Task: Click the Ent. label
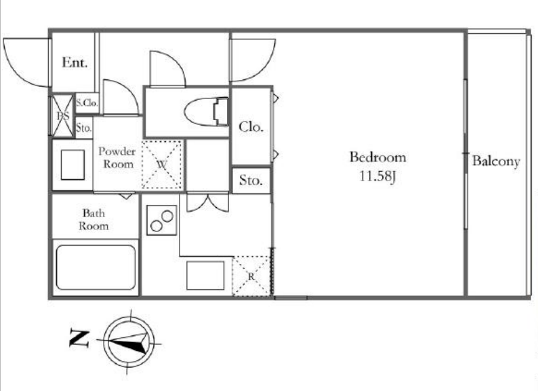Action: tap(75, 62)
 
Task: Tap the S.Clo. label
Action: tap(87, 103)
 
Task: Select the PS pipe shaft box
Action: tap(63, 116)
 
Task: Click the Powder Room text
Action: tap(117, 157)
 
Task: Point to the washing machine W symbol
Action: tap(162, 164)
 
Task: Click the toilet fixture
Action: tap(206, 112)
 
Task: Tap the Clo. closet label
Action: tap(251, 127)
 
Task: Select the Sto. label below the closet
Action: tap(251, 180)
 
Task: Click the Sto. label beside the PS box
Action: tap(84, 128)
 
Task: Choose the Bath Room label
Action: tap(94, 219)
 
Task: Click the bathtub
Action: tap(96, 267)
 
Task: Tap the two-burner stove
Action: tap(162, 221)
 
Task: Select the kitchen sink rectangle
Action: tap(205, 276)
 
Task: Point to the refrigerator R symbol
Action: tap(251, 276)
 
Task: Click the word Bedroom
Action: tap(378, 157)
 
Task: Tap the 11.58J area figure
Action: tap(378, 176)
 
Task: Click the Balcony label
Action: tap(496, 161)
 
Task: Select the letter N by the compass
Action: tap(79, 338)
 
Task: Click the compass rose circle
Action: tap(129, 342)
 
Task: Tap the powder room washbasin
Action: tap(73, 165)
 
